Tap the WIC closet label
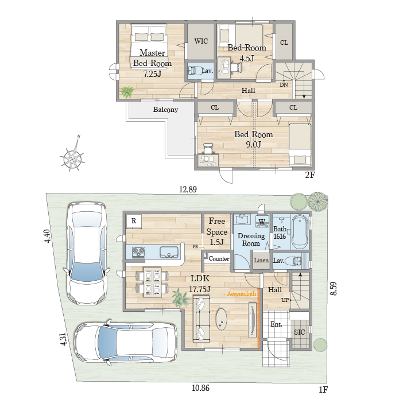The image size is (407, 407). click(x=201, y=41)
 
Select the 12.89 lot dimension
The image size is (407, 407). click(x=188, y=189)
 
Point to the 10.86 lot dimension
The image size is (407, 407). click(x=200, y=388)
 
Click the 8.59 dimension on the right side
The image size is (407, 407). click(x=334, y=288)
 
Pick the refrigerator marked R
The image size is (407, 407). click(x=134, y=221)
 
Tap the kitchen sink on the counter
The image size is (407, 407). click(x=169, y=253)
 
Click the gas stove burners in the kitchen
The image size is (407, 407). click(x=138, y=253)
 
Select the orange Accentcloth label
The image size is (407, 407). click(x=242, y=293)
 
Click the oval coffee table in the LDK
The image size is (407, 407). click(x=222, y=319)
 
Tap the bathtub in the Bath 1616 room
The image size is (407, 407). click(x=300, y=231)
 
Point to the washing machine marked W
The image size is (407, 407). click(x=262, y=222)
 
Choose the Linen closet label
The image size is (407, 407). click(x=261, y=260)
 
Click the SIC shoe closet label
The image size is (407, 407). click(x=299, y=332)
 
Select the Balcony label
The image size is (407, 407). click(x=165, y=110)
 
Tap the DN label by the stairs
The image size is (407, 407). click(x=284, y=84)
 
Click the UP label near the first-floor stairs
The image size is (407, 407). click(x=285, y=300)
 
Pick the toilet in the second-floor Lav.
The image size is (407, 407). click(x=196, y=71)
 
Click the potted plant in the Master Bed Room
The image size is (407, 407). click(x=127, y=92)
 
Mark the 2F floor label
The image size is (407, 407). click(x=309, y=175)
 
